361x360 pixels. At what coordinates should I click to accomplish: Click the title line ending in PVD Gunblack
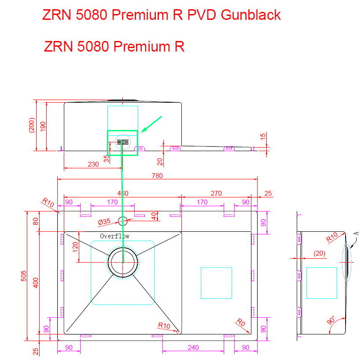coord(162,15)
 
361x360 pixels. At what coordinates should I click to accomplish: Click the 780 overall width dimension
coord(157,175)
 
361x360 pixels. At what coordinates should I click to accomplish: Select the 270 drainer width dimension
coord(216,193)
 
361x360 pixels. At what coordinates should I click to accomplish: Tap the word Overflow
coord(114,236)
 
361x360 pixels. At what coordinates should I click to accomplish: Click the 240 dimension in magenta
coord(193,348)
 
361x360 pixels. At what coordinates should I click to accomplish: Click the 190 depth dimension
coord(43,126)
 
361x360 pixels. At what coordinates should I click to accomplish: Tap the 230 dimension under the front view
coord(93,164)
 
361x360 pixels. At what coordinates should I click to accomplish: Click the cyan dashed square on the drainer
coord(216,282)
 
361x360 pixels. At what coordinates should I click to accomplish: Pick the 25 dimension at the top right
coord(268,193)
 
